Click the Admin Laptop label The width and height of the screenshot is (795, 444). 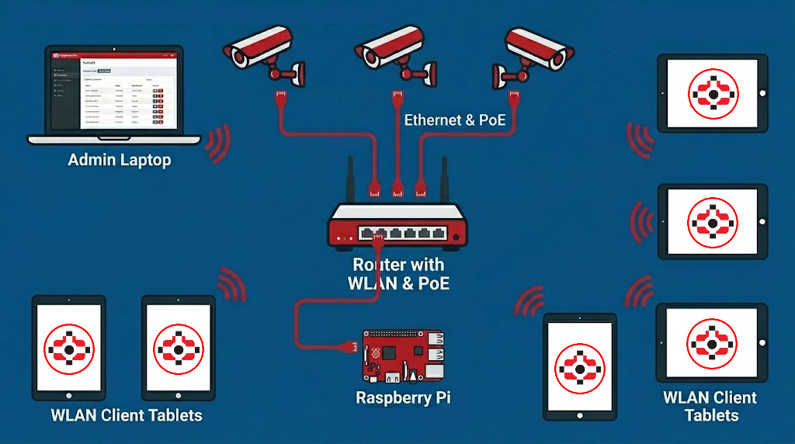(120, 161)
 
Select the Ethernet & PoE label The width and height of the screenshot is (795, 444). (455, 120)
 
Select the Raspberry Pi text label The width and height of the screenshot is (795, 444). (403, 398)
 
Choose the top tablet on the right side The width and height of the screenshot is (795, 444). (712, 92)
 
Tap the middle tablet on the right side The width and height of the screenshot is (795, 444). (712, 221)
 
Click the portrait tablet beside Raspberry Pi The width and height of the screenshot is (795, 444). (579, 366)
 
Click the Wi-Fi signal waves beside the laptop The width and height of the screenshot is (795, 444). (220, 144)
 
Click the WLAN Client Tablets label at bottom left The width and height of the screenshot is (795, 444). (127, 415)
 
